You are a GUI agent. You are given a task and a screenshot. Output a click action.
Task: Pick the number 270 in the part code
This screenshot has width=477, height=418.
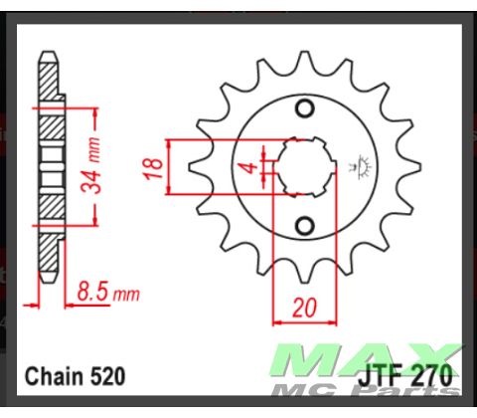tap(430, 377)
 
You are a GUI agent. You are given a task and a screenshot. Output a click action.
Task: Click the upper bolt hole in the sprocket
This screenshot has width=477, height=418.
tap(305, 110)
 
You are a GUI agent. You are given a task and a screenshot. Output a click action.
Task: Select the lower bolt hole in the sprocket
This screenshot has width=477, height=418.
tap(305, 220)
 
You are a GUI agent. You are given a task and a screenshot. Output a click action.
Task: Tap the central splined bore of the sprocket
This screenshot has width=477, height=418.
tap(304, 165)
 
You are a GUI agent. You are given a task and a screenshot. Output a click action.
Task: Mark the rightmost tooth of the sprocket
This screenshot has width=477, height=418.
tap(401, 166)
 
